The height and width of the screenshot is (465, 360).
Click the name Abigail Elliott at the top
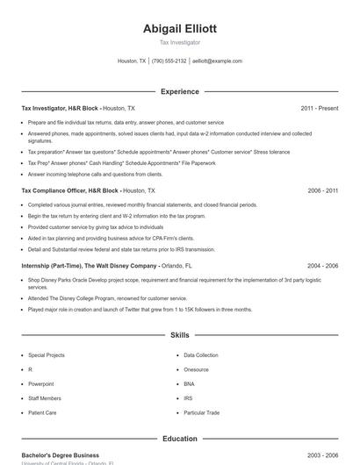[x=179, y=28]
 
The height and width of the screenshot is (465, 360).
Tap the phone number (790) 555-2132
[x=169, y=61]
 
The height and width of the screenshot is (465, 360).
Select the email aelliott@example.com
[x=217, y=61]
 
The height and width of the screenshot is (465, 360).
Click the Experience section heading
[x=179, y=91]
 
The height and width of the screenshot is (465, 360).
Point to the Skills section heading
[x=179, y=335]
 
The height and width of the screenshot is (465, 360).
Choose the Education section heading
[x=179, y=439]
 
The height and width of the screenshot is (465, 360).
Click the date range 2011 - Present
[x=319, y=108]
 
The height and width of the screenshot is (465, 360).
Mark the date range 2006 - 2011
[x=322, y=190]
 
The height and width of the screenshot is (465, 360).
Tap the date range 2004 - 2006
[x=322, y=265]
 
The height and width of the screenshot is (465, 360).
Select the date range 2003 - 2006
[x=322, y=455]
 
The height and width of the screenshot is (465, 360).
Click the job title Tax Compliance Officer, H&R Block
[x=69, y=190]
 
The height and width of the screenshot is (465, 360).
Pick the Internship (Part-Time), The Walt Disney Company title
[x=89, y=265]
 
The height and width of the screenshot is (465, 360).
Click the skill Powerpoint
[x=41, y=383]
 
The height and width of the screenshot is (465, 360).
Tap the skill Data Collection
[x=201, y=355]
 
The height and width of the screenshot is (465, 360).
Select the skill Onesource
[x=197, y=369]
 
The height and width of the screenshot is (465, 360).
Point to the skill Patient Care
[x=42, y=411]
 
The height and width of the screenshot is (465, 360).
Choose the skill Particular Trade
[x=201, y=411]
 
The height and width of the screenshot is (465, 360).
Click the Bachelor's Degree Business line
[x=60, y=455]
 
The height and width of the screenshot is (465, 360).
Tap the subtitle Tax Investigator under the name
[x=179, y=42]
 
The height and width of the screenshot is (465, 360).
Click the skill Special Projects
[x=46, y=355]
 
